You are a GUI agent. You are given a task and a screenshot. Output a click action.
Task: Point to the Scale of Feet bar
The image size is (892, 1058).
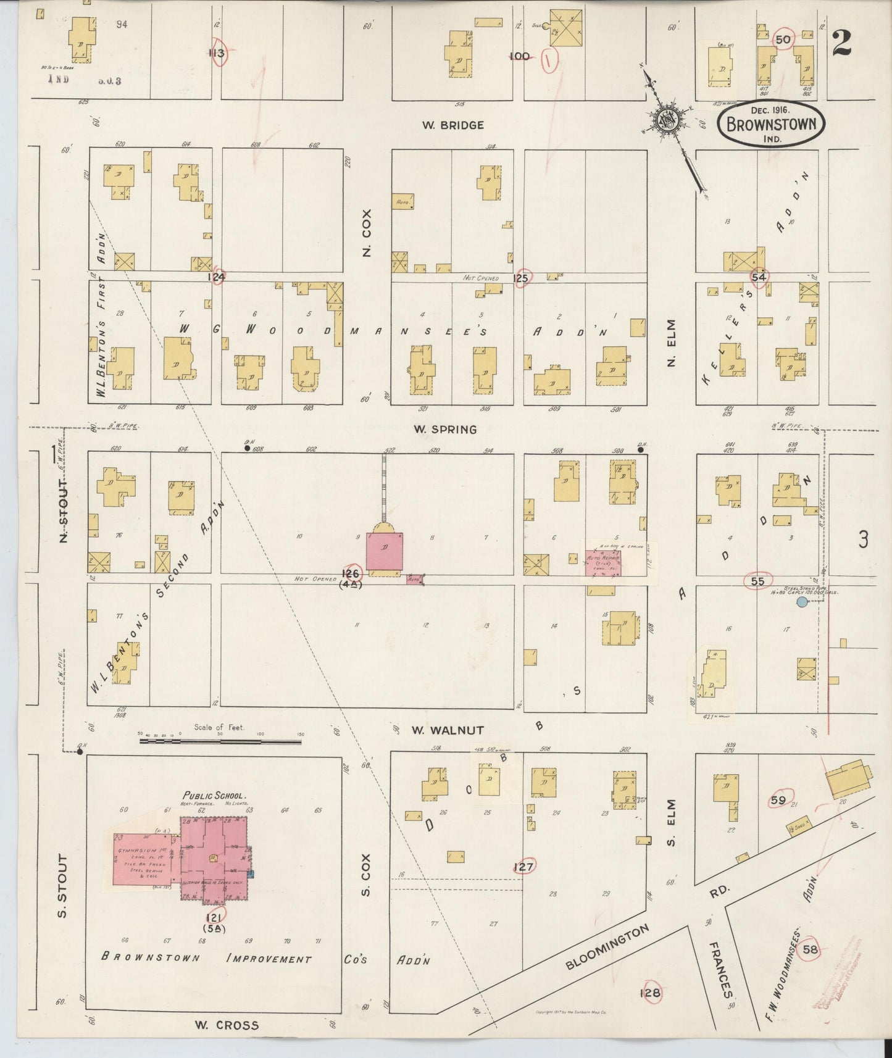(219, 739)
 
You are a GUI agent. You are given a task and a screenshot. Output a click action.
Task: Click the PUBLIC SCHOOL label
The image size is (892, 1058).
(214, 796)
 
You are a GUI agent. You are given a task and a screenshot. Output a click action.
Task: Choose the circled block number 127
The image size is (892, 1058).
(523, 867)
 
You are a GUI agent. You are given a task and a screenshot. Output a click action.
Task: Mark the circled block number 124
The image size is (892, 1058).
(216, 277)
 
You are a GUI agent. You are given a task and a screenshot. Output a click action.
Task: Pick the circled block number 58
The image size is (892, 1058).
(810, 949)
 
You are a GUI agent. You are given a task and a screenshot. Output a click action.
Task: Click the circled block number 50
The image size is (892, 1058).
(783, 40)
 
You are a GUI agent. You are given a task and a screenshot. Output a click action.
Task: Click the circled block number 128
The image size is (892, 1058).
(651, 993)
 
